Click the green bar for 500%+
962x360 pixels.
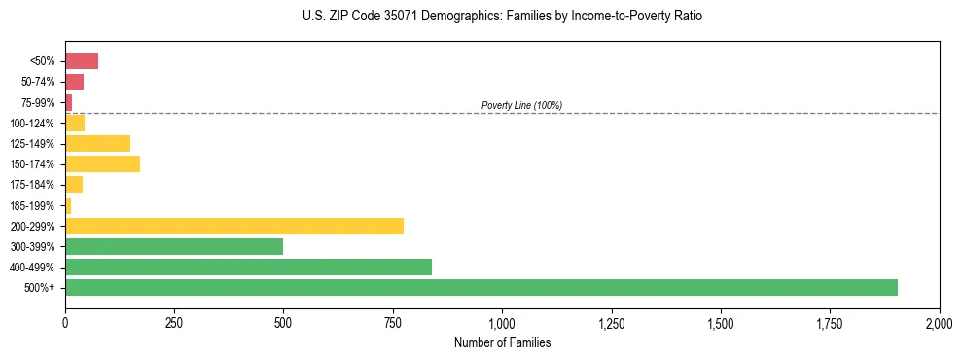click(x=481, y=288)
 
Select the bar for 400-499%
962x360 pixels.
click(x=248, y=268)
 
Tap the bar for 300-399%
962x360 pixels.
click(x=174, y=247)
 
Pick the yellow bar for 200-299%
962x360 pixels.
click(x=234, y=227)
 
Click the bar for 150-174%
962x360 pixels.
click(x=102, y=164)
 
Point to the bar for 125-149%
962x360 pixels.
click(x=97, y=144)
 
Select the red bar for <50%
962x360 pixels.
click(x=82, y=61)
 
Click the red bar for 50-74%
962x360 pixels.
click(x=74, y=82)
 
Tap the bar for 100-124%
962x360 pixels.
click(x=75, y=123)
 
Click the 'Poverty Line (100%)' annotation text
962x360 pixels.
click(x=521, y=105)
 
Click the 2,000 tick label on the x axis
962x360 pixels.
click(x=939, y=323)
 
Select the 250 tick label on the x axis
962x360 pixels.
click(x=174, y=323)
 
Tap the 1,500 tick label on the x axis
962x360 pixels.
click(x=721, y=323)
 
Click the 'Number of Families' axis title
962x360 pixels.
click(x=502, y=342)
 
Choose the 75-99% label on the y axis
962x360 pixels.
click(x=39, y=103)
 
